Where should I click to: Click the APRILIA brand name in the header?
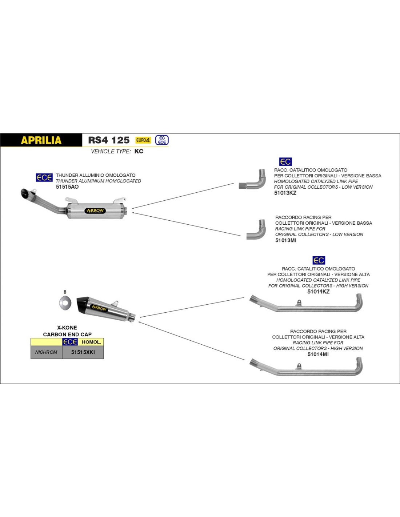tap(41, 140)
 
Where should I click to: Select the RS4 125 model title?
tap(109, 140)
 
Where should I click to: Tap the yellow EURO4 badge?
tap(143, 140)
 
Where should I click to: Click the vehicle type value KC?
tap(139, 151)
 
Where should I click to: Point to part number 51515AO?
tap(67, 187)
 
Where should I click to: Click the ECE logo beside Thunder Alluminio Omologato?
tap(44, 177)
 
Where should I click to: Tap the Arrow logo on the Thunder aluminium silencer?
tap(95, 211)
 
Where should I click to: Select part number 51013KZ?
tap(285, 193)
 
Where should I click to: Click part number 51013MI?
tap(285, 240)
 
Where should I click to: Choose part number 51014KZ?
tap(318, 292)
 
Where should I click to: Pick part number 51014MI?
tap(318, 354)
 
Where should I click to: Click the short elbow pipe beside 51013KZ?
tap(252, 180)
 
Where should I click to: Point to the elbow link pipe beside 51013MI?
tap(256, 230)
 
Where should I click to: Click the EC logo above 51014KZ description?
tap(319, 260)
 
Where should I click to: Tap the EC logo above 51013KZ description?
tap(285, 162)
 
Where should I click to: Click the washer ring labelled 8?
tap(65, 302)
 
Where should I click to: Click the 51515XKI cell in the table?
tap(83, 352)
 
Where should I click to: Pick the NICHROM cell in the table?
tap(46, 352)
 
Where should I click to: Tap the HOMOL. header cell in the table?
tap(91, 342)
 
